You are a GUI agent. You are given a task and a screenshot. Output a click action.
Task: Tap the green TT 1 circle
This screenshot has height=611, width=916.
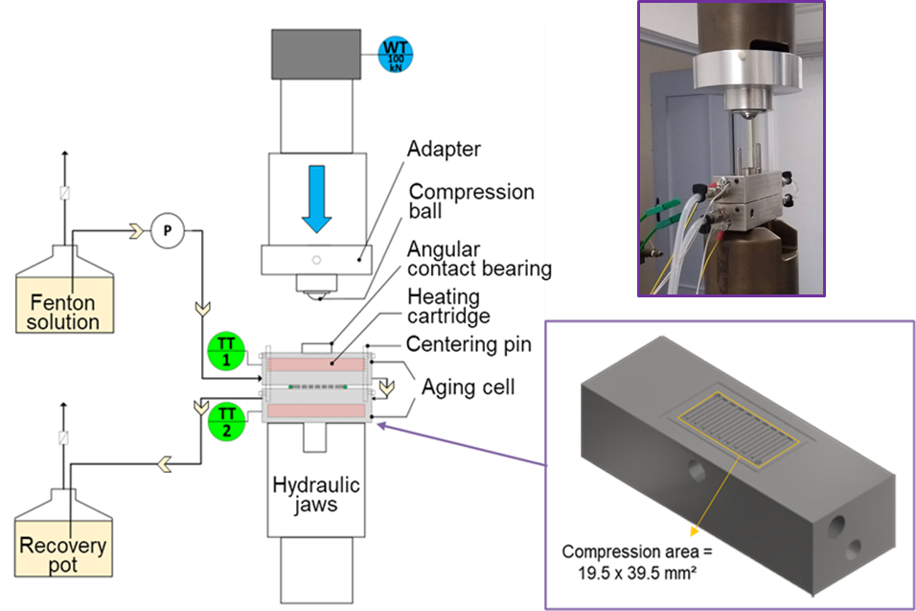225,351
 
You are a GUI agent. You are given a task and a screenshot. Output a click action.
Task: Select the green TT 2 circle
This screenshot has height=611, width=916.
225,421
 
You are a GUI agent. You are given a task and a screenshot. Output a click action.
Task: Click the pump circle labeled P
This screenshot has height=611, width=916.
166,230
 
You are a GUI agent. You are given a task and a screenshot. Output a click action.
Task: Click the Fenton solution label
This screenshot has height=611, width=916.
63,313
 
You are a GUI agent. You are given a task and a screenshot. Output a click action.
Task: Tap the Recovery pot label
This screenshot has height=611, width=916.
63,555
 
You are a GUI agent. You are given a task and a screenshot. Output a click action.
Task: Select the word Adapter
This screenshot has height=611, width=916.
444,150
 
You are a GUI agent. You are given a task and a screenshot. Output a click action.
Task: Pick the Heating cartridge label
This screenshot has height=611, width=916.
448,306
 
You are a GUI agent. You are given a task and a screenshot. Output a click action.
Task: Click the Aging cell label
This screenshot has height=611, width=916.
469,388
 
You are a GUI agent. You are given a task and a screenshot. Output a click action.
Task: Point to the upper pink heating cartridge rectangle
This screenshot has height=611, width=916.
315,365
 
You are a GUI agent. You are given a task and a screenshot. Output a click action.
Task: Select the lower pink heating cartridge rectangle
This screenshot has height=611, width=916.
315,411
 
